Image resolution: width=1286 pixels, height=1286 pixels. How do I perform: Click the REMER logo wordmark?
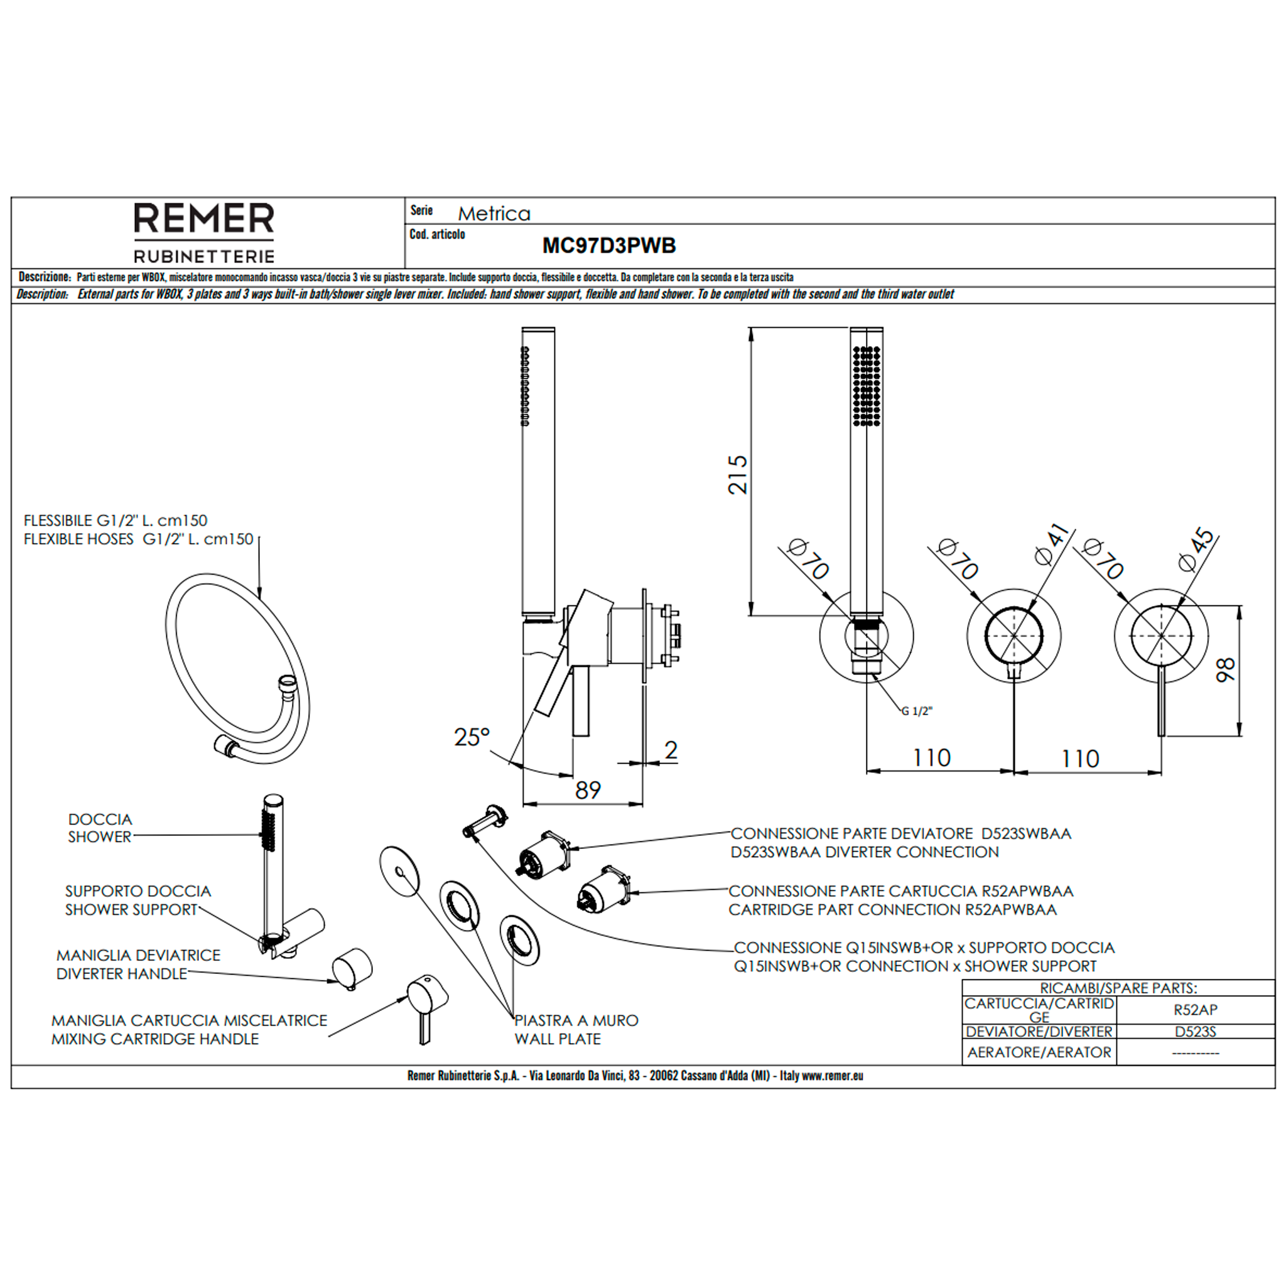(203, 219)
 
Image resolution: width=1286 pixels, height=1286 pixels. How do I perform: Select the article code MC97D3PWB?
(609, 246)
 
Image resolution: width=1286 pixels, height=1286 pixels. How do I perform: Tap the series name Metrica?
(494, 213)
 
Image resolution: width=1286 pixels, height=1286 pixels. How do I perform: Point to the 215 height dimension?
(738, 475)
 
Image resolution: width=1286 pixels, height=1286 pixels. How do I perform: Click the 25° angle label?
(472, 737)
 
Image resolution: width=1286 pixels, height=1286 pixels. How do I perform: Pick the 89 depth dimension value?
(588, 790)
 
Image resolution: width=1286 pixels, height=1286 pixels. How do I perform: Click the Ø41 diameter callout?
(1052, 544)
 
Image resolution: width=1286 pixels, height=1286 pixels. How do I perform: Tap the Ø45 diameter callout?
(1196, 549)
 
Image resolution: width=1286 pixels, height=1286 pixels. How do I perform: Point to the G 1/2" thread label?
(917, 711)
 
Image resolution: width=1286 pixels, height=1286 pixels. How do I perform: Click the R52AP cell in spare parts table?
(1195, 1010)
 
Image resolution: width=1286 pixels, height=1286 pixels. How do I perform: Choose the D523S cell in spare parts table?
(1195, 1032)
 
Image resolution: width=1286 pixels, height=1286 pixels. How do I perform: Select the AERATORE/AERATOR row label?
(1039, 1052)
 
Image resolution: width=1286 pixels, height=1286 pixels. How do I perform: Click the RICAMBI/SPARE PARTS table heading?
(1118, 988)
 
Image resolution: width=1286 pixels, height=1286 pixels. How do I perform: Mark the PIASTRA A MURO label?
(576, 1020)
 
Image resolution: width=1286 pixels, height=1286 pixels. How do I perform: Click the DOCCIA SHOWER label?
(100, 828)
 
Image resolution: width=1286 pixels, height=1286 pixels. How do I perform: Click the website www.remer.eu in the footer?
(832, 1075)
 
